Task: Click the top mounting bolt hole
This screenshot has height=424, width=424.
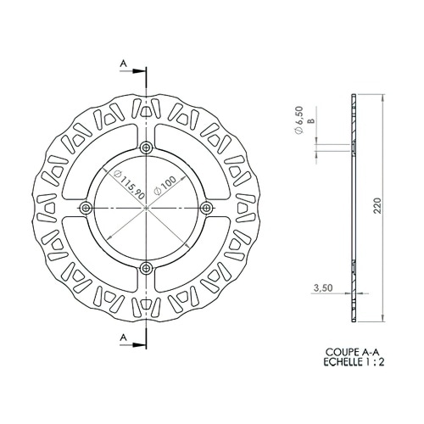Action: point(148,148)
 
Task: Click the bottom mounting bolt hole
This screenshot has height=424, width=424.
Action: point(148,268)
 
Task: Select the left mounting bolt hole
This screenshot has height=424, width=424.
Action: point(86,208)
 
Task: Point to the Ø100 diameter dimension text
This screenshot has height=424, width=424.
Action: point(168,186)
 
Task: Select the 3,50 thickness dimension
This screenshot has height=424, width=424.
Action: point(322,288)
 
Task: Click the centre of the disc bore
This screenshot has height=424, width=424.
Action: point(148,208)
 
